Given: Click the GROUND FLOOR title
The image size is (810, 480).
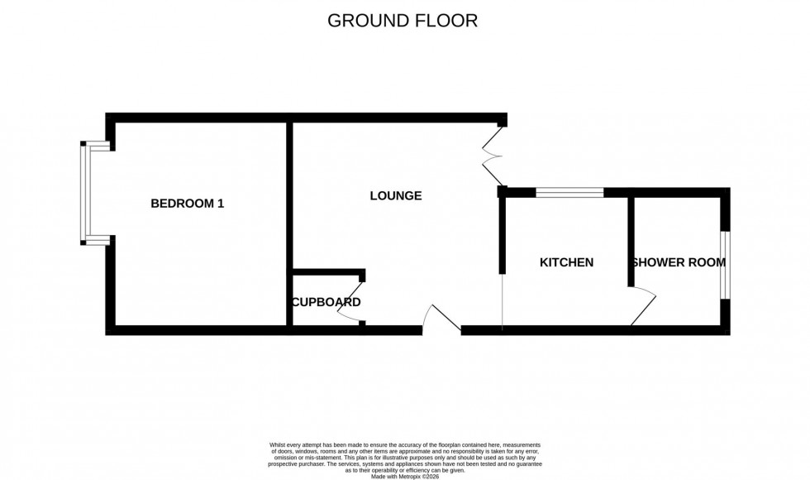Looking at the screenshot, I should click(x=403, y=21).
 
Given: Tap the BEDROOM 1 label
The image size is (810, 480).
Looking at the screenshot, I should click(x=187, y=204).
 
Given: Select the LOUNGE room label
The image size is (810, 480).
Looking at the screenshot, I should click(x=395, y=196).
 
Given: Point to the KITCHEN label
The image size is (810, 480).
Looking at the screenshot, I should click(x=566, y=262).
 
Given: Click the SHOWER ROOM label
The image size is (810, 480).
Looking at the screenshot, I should click(x=679, y=262).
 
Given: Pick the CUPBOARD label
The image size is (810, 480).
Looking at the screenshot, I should click(x=326, y=302).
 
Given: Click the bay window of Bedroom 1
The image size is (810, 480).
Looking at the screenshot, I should click(x=84, y=193).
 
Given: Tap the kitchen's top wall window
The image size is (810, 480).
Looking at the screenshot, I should click(x=569, y=193).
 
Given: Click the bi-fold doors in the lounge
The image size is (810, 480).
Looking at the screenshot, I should click(x=493, y=156).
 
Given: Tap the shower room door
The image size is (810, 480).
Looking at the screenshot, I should click(x=643, y=306).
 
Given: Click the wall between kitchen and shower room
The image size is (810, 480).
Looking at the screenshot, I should click(x=630, y=240).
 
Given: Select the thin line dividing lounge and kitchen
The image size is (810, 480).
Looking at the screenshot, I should click(x=502, y=302).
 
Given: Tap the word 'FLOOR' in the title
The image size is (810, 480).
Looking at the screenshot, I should click(x=445, y=21).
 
